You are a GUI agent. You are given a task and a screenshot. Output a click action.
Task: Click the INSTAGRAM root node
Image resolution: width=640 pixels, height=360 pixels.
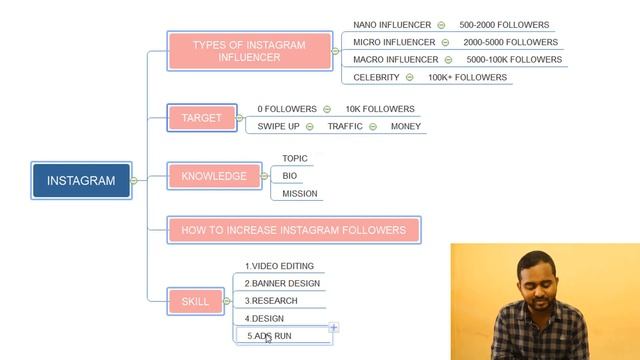(81, 181)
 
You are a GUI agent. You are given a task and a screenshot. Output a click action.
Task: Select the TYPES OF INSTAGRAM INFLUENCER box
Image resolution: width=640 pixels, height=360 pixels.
(250, 51)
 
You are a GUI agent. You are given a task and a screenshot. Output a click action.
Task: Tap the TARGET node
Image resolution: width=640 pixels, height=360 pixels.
(202, 118)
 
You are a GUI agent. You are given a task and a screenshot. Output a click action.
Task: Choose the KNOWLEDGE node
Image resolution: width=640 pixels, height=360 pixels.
(214, 176)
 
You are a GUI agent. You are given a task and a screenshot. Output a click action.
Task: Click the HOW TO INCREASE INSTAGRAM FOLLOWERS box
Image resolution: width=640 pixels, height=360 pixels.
(294, 230)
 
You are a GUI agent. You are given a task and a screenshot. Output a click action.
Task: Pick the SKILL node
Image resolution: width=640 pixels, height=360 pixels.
(196, 301)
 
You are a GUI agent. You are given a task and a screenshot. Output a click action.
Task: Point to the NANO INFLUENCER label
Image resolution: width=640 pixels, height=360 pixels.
(392, 25)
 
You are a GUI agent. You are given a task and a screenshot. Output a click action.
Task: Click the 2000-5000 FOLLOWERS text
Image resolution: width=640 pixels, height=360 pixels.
(510, 42)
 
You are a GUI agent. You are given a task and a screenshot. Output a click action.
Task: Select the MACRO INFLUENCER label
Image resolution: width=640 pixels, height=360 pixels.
(396, 60)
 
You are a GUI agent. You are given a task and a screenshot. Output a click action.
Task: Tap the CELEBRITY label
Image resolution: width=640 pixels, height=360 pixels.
(376, 77)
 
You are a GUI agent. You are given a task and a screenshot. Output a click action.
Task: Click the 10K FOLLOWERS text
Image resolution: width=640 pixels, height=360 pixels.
(380, 109)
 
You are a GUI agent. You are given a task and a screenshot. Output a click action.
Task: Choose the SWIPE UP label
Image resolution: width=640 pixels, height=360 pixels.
(278, 126)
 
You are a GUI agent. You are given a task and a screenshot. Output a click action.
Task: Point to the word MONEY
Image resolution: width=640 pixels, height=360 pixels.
(406, 126)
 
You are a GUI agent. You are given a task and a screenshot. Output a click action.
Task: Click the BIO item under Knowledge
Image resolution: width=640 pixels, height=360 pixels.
(290, 176)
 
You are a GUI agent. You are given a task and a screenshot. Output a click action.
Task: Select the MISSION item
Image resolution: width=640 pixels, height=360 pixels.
(300, 194)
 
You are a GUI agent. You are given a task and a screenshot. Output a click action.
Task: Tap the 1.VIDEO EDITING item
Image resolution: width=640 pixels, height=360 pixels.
(280, 266)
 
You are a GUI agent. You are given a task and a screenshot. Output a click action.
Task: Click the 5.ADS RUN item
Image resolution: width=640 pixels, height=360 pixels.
(270, 336)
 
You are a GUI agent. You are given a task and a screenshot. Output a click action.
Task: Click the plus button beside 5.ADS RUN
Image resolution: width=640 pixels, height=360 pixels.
(334, 327)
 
